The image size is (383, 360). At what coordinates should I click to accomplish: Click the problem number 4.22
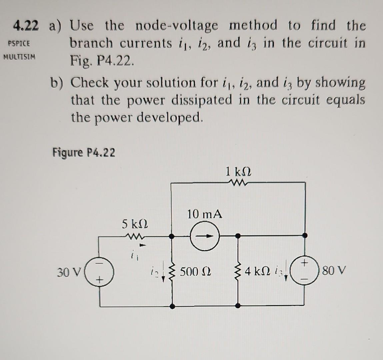pos(26,26)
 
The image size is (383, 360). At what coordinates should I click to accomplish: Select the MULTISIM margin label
pos(19,57)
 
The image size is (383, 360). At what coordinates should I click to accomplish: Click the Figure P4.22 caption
pos(84,153)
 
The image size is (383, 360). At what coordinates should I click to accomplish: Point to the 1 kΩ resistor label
pos(238,173)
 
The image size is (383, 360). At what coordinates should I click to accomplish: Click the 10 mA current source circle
pos(205,236)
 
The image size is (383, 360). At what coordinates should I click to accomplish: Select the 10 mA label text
pos(205,214)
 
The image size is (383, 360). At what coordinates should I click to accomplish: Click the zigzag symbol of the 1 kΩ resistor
pos(238,182)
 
